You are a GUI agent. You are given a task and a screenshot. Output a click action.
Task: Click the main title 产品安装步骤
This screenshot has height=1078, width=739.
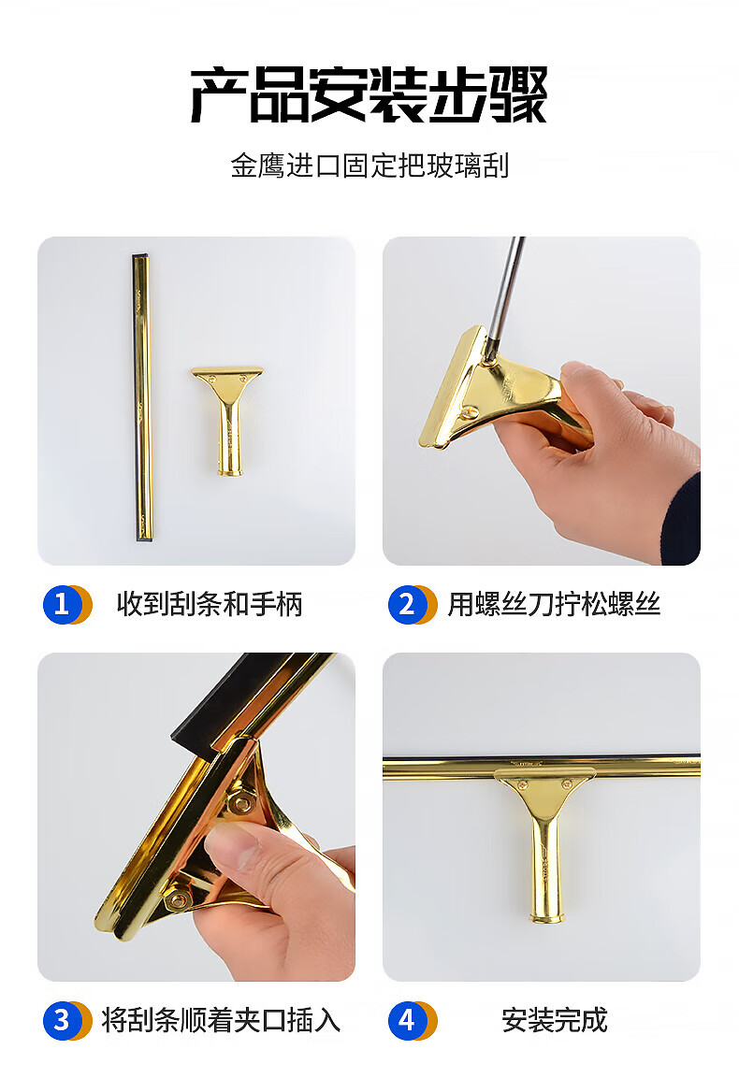coord(369,94)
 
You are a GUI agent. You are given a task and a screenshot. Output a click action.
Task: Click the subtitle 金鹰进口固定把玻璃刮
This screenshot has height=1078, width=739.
coord(369,165)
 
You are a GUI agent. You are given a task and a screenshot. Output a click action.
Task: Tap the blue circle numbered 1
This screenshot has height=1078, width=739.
coord(62,604)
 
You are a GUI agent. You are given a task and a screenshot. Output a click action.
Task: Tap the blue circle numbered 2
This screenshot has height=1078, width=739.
coord(407,604)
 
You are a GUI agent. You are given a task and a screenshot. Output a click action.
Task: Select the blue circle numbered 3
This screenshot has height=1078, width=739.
coord(62,1020)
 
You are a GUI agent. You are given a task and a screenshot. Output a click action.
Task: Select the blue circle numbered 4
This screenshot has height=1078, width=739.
coord(407,1020)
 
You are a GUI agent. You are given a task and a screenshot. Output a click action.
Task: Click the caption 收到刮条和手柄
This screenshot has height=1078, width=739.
coord(210,604)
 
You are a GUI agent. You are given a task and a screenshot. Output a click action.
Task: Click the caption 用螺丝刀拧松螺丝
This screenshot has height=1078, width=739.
coord(554,604)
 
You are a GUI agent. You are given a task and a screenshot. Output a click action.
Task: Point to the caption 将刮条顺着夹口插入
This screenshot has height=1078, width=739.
coord(221,1020)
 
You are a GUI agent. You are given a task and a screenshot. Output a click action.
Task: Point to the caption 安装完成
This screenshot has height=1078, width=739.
coord(555,1020)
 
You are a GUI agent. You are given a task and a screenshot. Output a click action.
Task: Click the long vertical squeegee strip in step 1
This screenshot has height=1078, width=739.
coord(142,397)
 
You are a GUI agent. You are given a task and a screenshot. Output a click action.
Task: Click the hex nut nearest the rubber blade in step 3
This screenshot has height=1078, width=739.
coord(241,801)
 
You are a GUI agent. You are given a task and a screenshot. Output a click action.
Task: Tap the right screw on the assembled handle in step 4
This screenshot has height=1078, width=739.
coord(567,783)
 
